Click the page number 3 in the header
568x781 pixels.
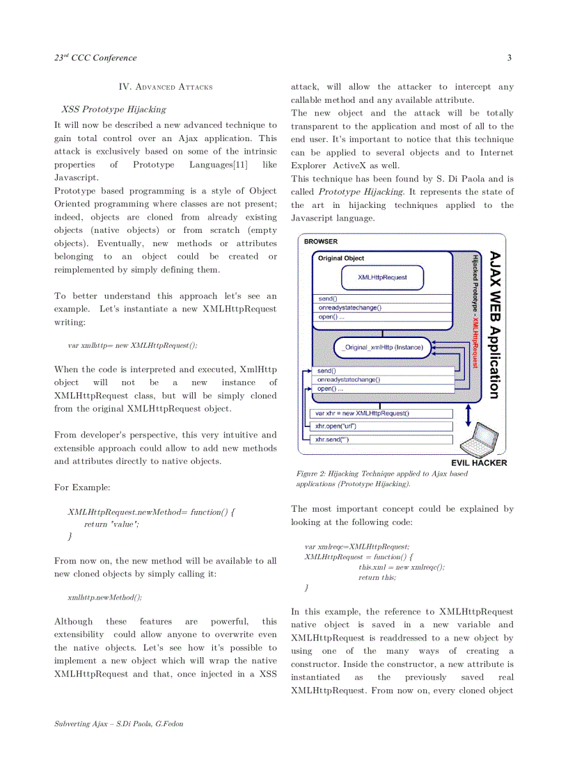pyautogui.click(x=509, y=58)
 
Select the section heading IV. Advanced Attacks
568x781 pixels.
pyautogui.click(x=166, y=87)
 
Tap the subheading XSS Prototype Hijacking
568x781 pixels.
pyautogui.click(x=113, y=109)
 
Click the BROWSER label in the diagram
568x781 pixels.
pyautogui.click(x=321, y=241)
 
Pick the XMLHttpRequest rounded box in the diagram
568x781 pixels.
pyautogui.click(x=382, y=277)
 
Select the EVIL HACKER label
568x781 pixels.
pyautogui.click(x=479, y=463)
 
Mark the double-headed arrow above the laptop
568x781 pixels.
pyautogui.click(x=468, y=414)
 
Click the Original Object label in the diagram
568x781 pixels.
pyautogui.click(x=341, y=258)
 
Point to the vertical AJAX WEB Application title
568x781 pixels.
pyautogui.click(x=494, y=325)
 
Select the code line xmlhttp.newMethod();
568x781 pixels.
pyautogui.click(x=105, y=597)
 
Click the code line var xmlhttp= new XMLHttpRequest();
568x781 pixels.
pyautogui.click(x=132, y=345)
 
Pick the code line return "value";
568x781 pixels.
pyautogui.click(x=111, y=524)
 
